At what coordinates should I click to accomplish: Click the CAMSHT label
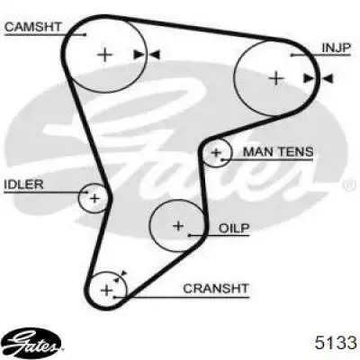coord(33,27)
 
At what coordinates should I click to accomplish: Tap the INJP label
coord(336,48)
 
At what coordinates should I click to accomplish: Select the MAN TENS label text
coord(278,152)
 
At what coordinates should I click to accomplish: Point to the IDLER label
coord(23,184)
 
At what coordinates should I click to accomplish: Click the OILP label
coord(234,229)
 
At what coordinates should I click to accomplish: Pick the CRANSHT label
coord(216,289)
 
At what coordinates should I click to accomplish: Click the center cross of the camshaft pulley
coord(105,55)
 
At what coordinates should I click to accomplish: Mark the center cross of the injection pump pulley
coord(276,78)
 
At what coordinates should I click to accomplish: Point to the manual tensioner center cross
coord(216,153)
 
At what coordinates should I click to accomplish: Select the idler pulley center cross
coord(94,198)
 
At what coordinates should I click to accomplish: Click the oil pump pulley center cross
coord(178,226)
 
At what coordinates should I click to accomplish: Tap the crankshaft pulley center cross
coord(106,290)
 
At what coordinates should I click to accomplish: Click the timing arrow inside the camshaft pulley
coord(139,55)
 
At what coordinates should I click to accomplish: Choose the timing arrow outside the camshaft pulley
coord(155,55)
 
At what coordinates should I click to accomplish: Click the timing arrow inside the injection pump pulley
coord(309,78)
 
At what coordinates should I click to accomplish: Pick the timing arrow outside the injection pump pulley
coord(328,78)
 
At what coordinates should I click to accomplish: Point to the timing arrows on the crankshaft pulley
coord(121,276)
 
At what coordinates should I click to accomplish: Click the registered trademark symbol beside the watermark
coord(349,185)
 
